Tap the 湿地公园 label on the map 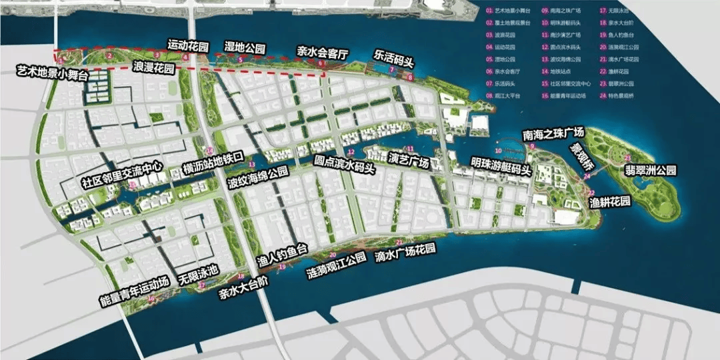245,48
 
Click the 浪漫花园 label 154,68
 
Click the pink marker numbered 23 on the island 628,157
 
